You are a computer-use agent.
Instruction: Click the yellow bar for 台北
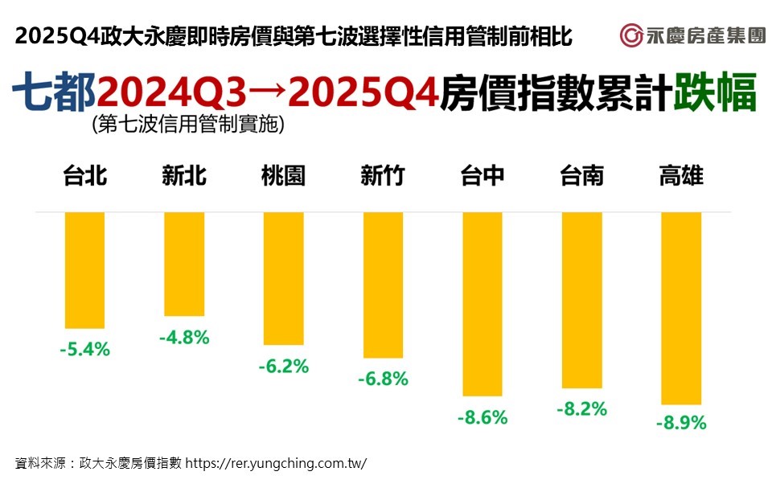tap(84, 270)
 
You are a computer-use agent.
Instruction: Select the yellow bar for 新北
tap(184, 264)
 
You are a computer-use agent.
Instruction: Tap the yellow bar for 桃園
tap(283, 278)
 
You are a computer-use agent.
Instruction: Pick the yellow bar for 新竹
tap(383, 285)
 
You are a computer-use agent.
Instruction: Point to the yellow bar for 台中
tap(482, 304)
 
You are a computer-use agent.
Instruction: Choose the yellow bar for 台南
tap(581, 300)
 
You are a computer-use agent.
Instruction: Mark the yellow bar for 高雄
tap(680, 308)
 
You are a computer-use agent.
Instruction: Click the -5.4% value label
tap(84, 350)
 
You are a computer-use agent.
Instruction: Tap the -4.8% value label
tap(184, 338)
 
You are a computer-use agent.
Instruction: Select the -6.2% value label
tap(283, 367)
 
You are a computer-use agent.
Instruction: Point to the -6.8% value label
tap(383, 379)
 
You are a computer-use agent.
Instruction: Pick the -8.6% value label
tap(482, 418)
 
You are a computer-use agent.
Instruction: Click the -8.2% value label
tap(581, 409)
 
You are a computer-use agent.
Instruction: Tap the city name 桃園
tap(283, 175)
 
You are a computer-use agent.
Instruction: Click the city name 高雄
tap(680, 175)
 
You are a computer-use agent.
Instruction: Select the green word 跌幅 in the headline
tap(715, 93)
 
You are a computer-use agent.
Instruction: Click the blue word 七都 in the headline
tap(54, 93)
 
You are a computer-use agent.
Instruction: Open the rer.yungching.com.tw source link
tap(276, 463)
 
